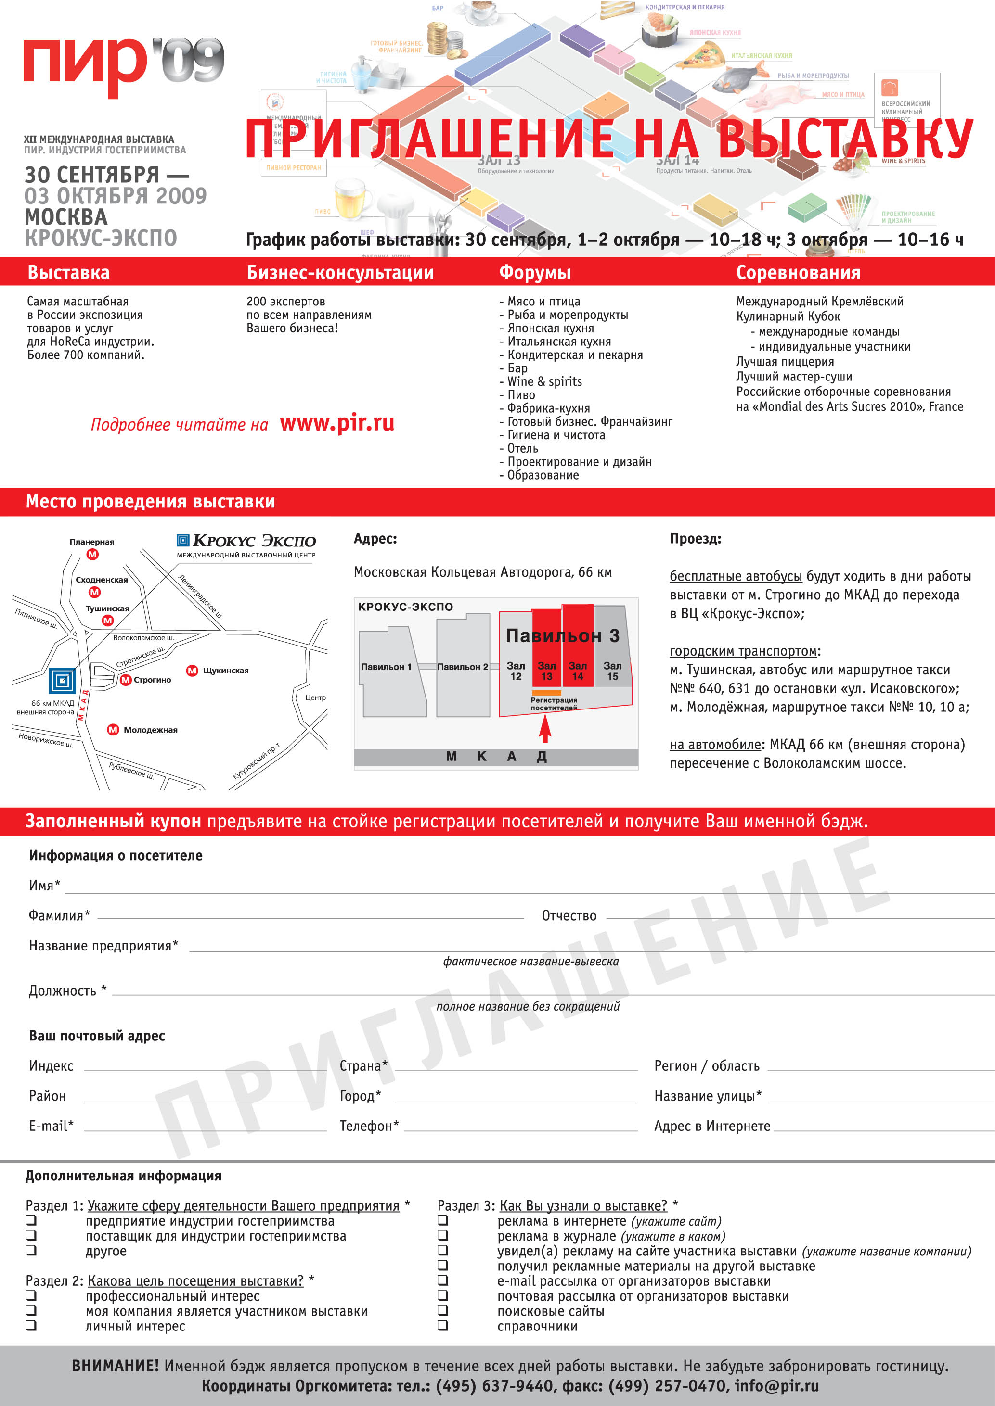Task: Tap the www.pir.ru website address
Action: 337,423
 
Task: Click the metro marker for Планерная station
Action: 92,554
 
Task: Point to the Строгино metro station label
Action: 152,680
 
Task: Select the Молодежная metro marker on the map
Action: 113,729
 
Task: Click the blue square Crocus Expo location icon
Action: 63,680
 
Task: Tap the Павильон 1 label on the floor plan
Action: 386,667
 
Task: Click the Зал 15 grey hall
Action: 612,671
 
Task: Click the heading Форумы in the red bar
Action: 535,273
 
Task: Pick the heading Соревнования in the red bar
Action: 798,273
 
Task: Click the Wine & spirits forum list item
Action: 544,381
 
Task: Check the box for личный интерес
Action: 31,1326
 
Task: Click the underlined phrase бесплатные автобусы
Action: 735,576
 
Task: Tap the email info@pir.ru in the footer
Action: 776,1385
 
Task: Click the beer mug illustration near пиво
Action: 353,199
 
